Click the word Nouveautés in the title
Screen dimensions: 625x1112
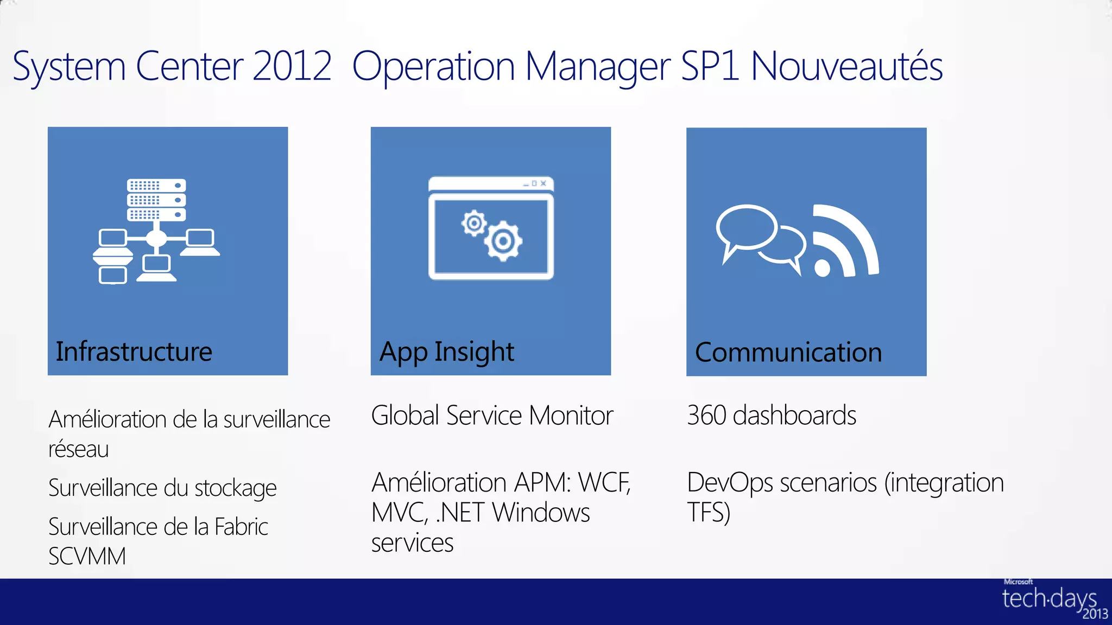tap(846, 66)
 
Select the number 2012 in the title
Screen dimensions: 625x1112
tap(292, 66)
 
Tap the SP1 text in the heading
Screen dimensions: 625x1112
tap(710, 66)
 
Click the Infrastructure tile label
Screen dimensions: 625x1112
tap(134, 352)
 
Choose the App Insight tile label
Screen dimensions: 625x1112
tap(446, 352)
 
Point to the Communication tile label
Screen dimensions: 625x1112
tap(788, 353)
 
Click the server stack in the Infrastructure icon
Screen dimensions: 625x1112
tap(156, 200)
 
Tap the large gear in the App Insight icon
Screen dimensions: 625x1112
tap(503, 241)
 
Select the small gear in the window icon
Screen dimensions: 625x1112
tap(474, 223)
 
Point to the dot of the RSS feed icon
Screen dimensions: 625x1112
tap(822, 267)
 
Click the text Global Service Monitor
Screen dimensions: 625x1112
tap(492, 416)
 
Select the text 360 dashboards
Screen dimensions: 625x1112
tap(772, 416)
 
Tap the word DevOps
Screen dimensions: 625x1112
tap(730, 482)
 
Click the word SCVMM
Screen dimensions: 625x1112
tap(87, 556)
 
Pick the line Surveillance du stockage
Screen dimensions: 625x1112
tap(162, 488)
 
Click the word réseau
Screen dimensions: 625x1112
tap(79, 449)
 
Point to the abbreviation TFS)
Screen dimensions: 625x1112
tap(709, 512)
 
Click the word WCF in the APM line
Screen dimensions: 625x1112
tap(604, 482)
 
